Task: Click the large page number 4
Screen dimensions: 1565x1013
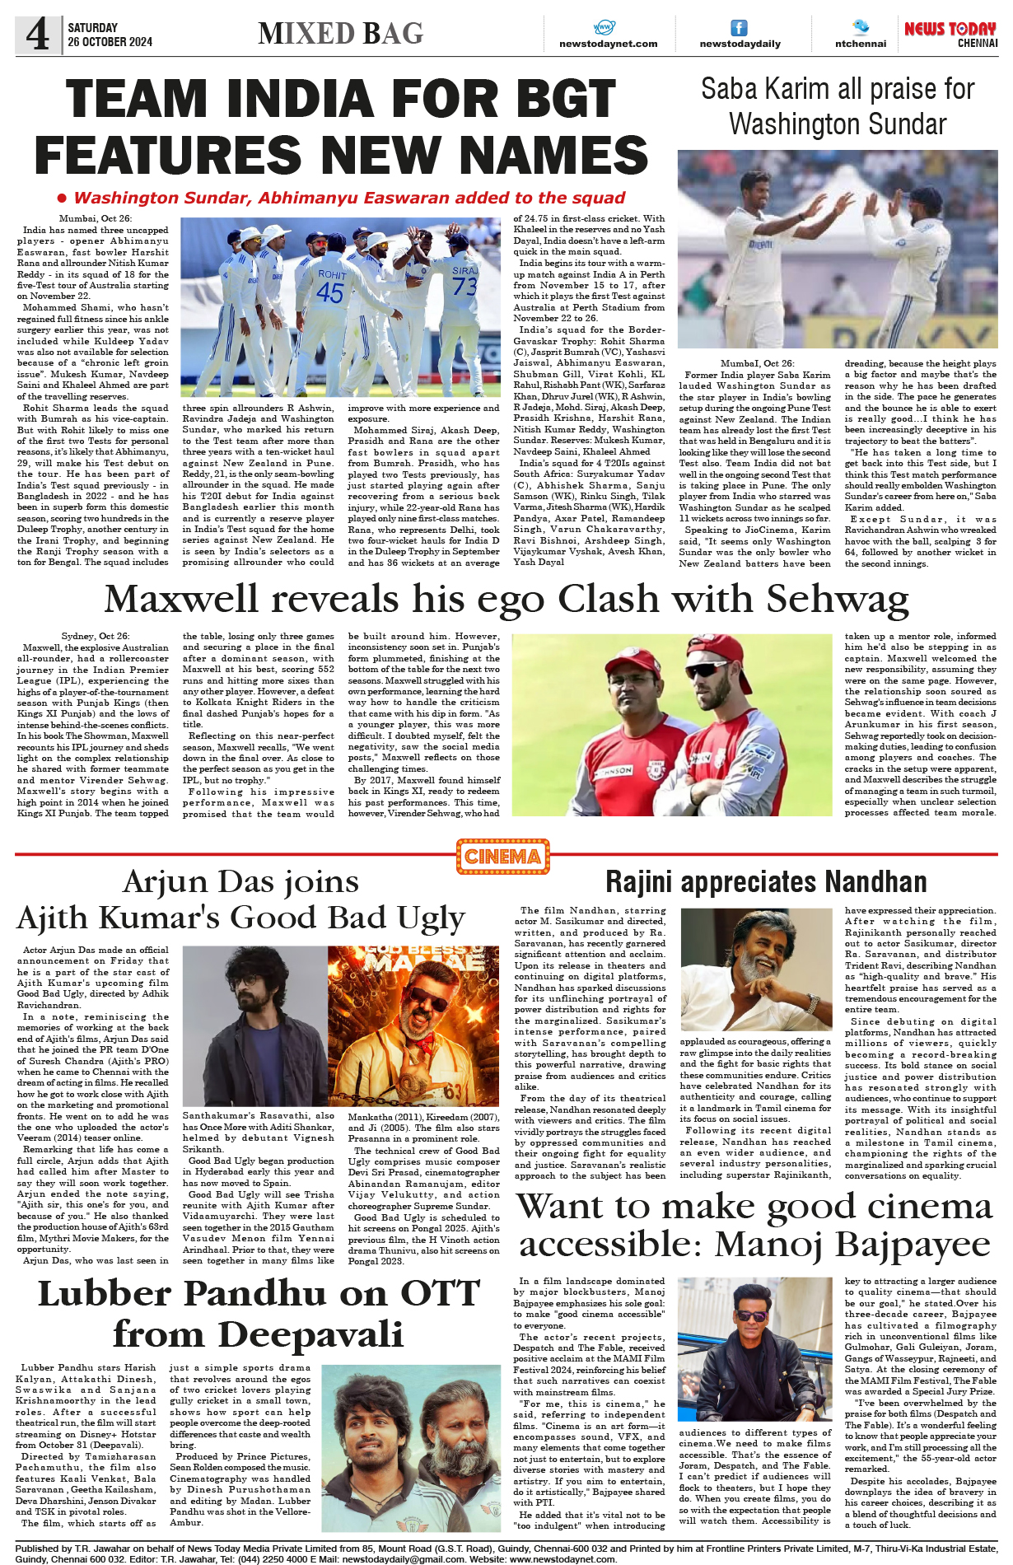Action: pyautogui.click(x=37, y=35)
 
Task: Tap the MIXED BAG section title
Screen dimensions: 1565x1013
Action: pyautogui.click(x=340, y=34)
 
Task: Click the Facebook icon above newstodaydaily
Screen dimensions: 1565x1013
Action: pyautogui.click(x=739, y=28)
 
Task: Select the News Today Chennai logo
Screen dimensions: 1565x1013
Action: pyautogui.click(x=950, y=34)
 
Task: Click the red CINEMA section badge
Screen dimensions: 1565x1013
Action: pyautogui.click(x=502, y=857)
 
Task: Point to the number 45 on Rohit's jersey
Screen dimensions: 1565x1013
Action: pyautogui.click(x=329, y=292)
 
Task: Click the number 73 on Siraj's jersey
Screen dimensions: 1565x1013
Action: pyautogui.click(x=464, y=286)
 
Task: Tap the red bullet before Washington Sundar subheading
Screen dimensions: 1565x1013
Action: pyautogui.click(x=62, y=199)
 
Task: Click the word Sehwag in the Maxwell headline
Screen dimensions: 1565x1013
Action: pyautogui.click(x=838, y=599)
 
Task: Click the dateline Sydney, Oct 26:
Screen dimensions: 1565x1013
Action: pyautogui.click(x=95, y=637)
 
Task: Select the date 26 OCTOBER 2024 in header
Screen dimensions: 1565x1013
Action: pyautogui.click(x=110, y=42)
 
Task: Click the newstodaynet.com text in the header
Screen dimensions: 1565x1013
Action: pyautogui.click(x=608, y=44)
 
